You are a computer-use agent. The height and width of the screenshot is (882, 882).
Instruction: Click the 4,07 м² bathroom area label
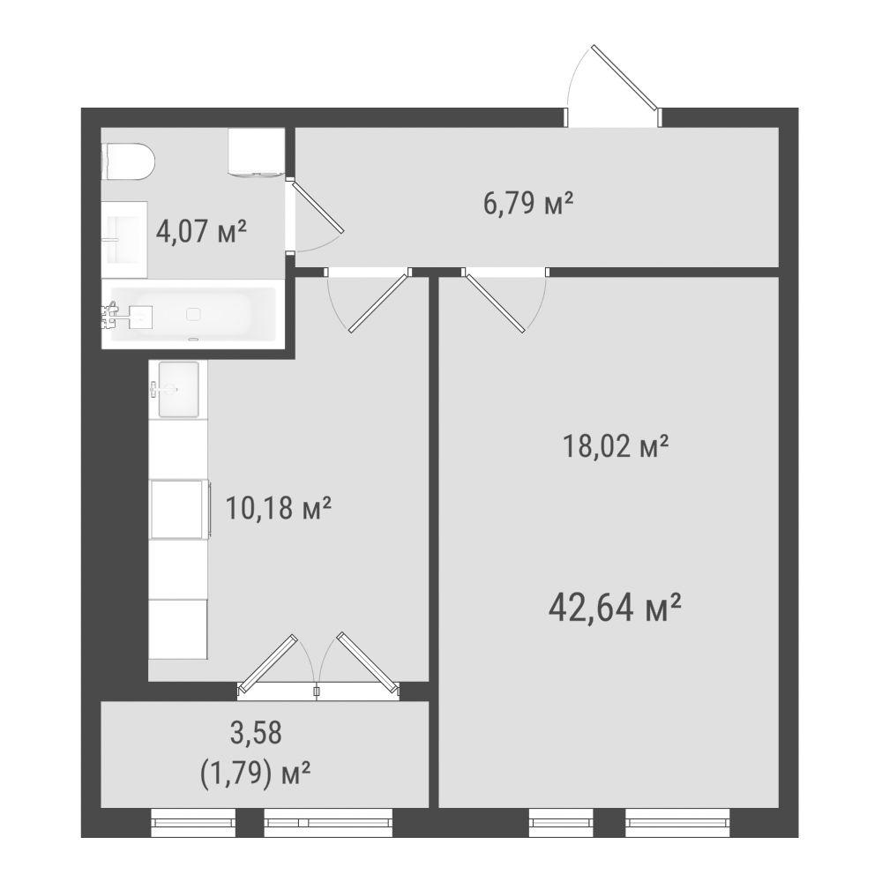coord(201,231)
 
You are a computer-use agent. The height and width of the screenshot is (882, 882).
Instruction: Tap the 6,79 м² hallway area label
coord(528,203)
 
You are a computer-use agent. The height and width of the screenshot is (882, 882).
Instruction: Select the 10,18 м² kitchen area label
coord(279,508)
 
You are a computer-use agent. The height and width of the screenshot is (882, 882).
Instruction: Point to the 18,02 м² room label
coord(616,447)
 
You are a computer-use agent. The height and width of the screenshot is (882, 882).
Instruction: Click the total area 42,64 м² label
coord(615,608)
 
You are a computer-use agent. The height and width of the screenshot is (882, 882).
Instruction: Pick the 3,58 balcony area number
coord(256,734)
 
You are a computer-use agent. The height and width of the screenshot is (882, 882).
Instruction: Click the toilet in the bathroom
coord(128,161)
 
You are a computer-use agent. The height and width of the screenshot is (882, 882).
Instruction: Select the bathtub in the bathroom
coord(193,315)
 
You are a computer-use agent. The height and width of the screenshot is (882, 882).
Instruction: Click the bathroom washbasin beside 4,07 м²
coord(124,240)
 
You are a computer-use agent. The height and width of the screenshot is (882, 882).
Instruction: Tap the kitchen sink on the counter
coord(178,389)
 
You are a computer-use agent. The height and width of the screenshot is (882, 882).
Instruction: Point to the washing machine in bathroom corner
coord(256,152)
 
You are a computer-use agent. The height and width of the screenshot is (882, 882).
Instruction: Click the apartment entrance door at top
coord(624,77)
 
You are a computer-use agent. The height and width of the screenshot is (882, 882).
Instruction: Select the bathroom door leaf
coord(318,206)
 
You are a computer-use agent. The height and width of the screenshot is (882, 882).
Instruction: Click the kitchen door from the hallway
coord(378,303)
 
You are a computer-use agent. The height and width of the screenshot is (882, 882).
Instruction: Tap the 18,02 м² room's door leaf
coord(495,303)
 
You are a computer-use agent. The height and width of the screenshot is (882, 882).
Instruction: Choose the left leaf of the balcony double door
coord(267,663)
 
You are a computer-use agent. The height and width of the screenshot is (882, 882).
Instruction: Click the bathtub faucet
coord(111,315)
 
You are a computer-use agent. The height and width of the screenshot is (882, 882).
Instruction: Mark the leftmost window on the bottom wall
coord(193,822)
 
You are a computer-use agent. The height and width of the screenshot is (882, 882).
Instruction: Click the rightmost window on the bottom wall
coord(677,822)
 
